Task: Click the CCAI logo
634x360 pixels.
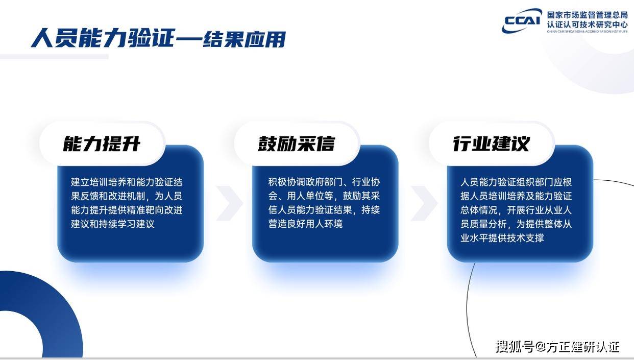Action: point(522,20)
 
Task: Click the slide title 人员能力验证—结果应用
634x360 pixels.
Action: point(158,38)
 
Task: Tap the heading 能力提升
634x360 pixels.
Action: point(102,143)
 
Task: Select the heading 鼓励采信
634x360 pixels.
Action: point(297,143)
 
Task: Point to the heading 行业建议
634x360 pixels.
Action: point(491,143)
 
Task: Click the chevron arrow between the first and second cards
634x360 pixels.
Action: point(230,203)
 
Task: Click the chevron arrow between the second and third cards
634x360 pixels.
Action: point(424,203)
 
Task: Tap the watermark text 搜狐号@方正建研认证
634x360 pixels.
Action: point(557,347)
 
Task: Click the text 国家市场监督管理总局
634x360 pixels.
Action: point(587,15)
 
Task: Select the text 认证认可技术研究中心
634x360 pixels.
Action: point(587,25)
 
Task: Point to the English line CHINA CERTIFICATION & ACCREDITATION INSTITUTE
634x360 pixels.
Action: point(587,32)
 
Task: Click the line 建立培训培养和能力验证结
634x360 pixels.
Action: point(127,182)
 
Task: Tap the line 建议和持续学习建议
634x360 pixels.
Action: point(113,224)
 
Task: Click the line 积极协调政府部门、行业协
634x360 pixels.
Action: point(324,182)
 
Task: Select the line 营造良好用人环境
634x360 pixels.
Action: point(305,224)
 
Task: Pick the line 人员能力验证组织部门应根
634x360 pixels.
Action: point(516,182)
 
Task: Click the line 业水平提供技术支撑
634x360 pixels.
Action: point(502,238)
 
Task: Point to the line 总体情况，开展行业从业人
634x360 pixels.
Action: point(516,210)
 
